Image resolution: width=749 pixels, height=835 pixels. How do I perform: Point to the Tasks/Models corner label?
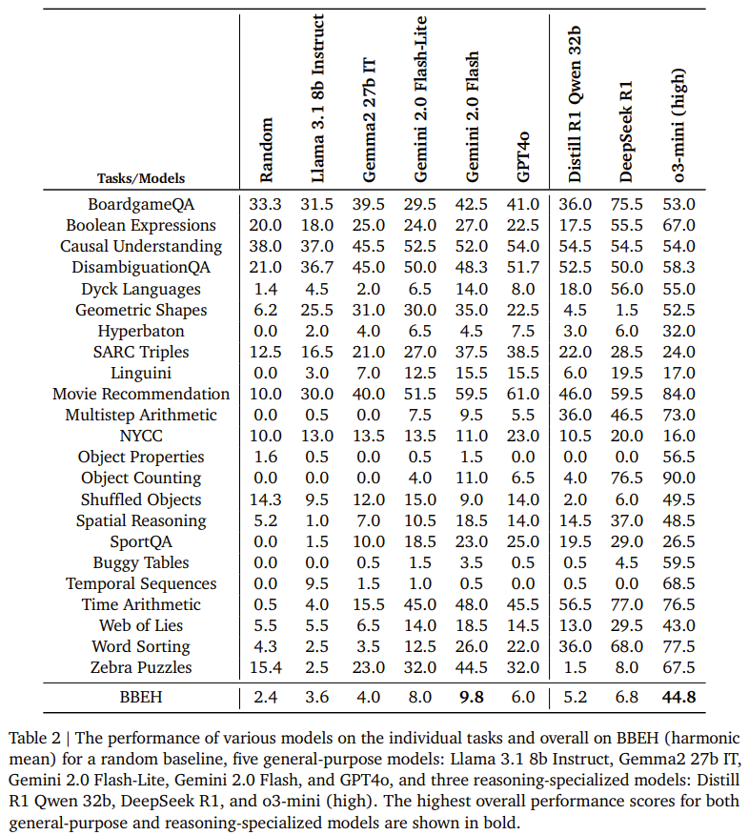click(141, 178)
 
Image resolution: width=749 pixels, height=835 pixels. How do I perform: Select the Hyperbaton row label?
click(141, 331)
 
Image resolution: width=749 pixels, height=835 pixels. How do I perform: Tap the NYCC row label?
click(141, 436)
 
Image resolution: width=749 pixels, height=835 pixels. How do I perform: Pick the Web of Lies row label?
click(141, 625)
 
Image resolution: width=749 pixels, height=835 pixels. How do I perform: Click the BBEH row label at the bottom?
click(141, 697)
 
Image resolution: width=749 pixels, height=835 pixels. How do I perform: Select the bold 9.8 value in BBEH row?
click(473, 697)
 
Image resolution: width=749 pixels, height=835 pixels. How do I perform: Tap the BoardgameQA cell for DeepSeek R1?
click(627, 204)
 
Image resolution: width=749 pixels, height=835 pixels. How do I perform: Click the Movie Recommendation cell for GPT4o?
click(523, 394)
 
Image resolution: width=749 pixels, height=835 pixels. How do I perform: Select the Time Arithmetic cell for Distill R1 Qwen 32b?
click(576, 604)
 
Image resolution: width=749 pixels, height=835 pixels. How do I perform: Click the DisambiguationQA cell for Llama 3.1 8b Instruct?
click(317, 268)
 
